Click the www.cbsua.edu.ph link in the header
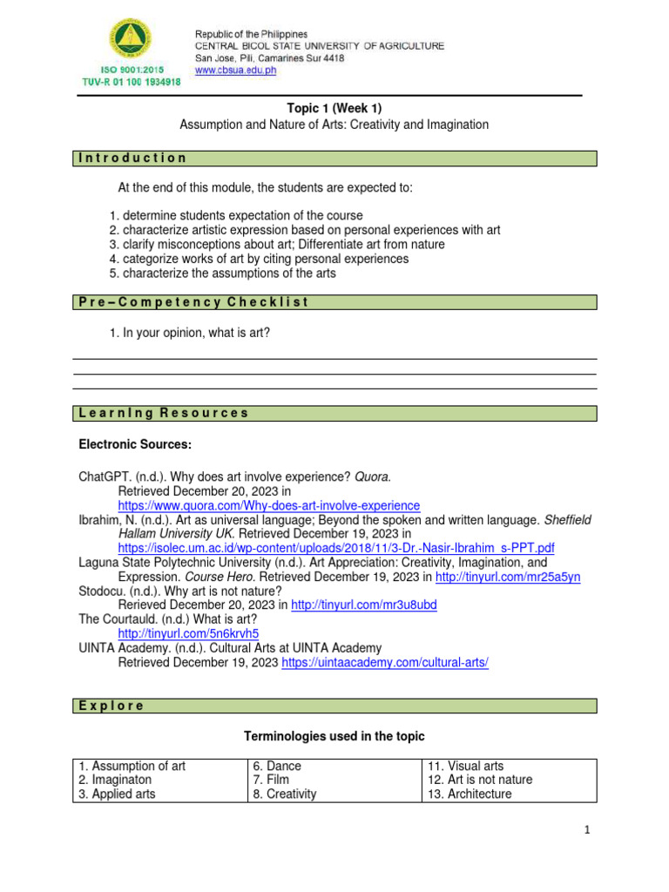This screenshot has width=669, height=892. [x=234, y=71]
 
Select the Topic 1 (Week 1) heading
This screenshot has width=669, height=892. [x=334, y=108]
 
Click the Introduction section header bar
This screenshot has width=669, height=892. [x=334, y=159]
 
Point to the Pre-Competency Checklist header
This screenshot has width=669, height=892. [x=334, y=302]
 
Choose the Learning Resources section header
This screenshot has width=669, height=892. [x=334, y=413]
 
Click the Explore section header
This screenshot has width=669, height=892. [x=334, y=706]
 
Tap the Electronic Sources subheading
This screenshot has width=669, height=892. [x=135, y=445]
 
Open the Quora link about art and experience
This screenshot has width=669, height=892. [x=268, y=505]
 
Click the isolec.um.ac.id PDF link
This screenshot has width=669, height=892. [x=335, y=548]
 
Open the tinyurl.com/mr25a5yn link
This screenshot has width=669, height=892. [x=508, y=577]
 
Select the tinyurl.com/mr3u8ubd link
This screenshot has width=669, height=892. [x=363, y=605]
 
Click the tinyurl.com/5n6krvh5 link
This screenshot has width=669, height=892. [x=188, y=633]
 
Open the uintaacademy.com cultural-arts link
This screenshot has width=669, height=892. [x=385, y=662]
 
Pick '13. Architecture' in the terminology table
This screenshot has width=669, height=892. [x=470, y=794]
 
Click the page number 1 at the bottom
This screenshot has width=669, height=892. [x=588, y=830]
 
